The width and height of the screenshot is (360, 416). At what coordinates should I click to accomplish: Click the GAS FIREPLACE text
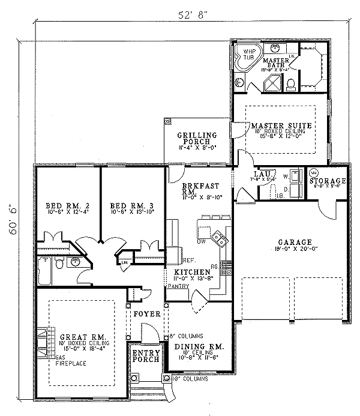pos(70,360)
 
